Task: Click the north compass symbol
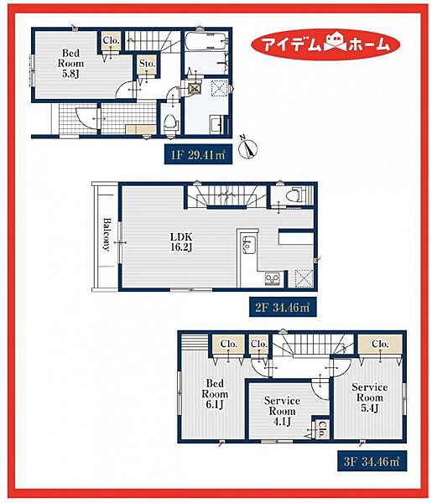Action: tap(249, 148)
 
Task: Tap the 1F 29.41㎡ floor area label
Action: tap(198, 155)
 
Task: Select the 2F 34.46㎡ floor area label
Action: tap(283, 308)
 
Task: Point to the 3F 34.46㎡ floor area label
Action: tap(372, 462)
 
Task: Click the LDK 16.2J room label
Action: tap(181, 242)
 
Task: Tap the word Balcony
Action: tap(107, 234)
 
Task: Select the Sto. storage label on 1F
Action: tap(148, 64)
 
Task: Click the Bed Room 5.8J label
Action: tap(70, 64)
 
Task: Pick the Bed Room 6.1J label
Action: tap(215, 394)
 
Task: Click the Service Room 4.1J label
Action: tap(282, 411)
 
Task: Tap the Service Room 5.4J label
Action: tap(370, 397)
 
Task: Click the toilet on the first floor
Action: tap(170, 123)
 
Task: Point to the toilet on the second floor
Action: tap(293, 195)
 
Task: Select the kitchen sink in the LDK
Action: tap(249, 245)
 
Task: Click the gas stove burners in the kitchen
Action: tap(272, 278)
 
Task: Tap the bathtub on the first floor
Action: tap(206, 41)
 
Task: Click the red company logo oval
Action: tap(325, 44)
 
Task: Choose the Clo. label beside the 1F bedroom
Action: tap(112, 41)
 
